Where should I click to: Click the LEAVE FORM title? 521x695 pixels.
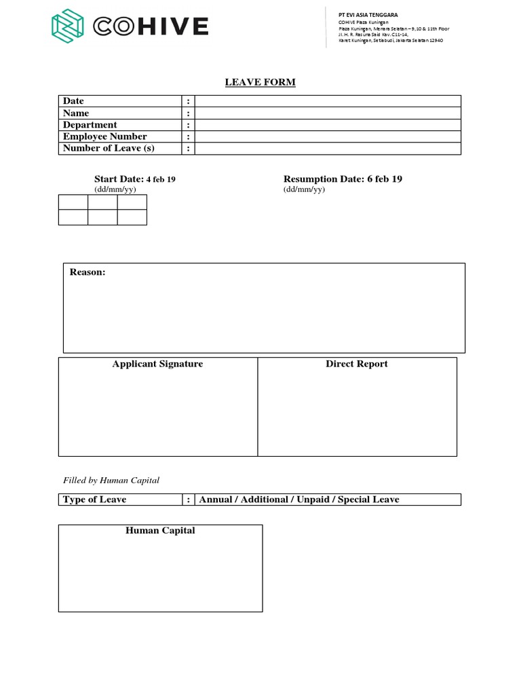coord(260,83)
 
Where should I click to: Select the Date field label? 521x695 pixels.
coord(73,101)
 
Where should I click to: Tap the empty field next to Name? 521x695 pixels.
coord(328,113)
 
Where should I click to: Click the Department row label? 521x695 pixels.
coord(90,125)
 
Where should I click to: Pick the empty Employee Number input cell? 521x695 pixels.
coord(328,137)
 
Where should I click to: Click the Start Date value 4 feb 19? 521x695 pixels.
coord(161,179)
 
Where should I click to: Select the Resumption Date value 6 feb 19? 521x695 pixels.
coord(385,179)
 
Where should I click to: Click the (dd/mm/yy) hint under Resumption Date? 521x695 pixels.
coord(304,190)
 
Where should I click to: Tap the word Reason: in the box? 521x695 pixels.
coord(88,272)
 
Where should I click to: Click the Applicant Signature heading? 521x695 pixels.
coord(157,364)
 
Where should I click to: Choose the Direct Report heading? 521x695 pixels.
coord(357,364)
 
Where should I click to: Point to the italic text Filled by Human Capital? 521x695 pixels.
coord(111,481)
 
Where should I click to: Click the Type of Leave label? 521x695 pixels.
coord(94,500)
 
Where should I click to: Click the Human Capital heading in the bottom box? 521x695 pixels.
coord(160,531)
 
